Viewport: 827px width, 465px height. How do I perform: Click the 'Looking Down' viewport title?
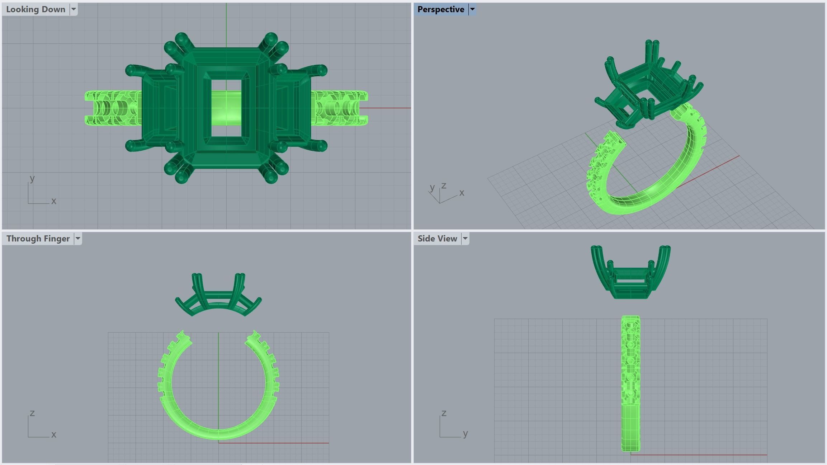pos(36,9)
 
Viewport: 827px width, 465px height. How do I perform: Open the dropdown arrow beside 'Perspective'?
pos(472,9)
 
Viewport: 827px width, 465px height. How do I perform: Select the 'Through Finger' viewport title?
pos(38,239)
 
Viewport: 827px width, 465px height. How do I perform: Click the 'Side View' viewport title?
pos(437,239)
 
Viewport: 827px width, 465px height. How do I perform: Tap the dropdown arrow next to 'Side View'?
pos(465,239)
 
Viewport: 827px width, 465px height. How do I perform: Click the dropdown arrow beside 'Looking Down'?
pos(73,9)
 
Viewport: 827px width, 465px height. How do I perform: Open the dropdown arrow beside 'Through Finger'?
pos(78,239)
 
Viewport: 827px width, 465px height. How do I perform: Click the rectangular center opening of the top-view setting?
pos(226,108)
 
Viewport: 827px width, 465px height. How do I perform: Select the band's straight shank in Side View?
pos(630,384)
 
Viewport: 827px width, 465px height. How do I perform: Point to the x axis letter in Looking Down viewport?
pos(54,201)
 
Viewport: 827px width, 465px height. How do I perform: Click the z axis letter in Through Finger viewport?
pos(32,413)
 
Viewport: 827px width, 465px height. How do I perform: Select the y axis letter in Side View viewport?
pos(465,434)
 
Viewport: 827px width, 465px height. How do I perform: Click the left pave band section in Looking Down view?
pos(111,108)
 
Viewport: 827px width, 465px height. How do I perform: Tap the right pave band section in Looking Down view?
pos(339,108)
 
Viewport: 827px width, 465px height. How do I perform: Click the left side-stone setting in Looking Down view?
pos(160,108)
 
